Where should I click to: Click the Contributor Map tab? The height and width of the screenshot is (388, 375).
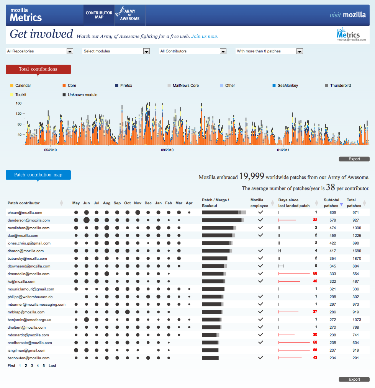[x=99, y=15]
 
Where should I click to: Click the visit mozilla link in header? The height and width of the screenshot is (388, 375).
[x=347, y=15]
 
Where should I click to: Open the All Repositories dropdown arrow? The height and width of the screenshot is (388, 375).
[x=70, y=51]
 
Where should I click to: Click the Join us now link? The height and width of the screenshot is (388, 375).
[x=205, y=36]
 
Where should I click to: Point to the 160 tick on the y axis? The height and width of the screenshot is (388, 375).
[x=18, y=103]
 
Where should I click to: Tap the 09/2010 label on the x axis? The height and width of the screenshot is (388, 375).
[x=167, y=150]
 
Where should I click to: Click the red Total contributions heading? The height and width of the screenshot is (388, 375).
[x=38, y=69]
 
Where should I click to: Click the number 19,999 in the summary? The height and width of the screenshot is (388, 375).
[x=252, y=176]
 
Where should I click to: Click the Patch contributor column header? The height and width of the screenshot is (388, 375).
[x=24, y=203]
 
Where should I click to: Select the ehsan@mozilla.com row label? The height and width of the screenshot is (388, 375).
[x=25, y=212]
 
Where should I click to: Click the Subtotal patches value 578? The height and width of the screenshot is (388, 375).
[x=330, y=220]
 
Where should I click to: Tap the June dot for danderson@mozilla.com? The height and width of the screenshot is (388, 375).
[x=87, y=220]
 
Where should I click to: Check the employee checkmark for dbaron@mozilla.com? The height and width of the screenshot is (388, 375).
[x=260, y=251]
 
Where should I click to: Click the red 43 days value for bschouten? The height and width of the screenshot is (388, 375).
[x=315, y=358]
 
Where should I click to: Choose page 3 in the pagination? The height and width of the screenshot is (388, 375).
[x=32, y=366]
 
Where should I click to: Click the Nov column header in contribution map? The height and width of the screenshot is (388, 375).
[x=138, y=203]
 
